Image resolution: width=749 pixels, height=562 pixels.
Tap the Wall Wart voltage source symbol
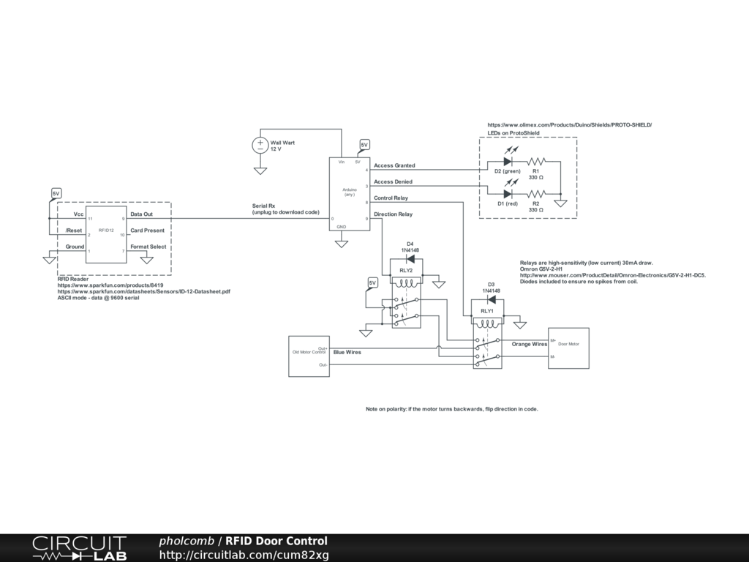click(x=260, y=145)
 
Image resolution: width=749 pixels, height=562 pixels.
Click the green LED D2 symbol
click(x=507, y=161)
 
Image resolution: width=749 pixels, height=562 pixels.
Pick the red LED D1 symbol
click(x=507, y=194)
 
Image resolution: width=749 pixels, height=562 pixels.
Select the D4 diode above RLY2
click(x=410, y=258)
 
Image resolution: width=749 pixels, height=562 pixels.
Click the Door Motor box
click(x=568, y=348)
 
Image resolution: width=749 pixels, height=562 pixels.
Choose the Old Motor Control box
click(x=309, y=356)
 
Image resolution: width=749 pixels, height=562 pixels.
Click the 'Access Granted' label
click(x=394, y=166)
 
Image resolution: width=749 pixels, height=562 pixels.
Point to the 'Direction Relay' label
click(x=393, y=214)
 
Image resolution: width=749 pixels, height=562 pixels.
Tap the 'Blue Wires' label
click(x=347, y=352)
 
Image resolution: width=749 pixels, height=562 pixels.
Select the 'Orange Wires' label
click(x=530, y=344)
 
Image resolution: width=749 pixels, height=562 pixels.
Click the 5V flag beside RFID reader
click(x=56, y=193)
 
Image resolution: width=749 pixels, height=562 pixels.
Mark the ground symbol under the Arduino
click(x=341, y=243)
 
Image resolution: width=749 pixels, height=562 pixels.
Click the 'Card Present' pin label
click(x=148, y=231)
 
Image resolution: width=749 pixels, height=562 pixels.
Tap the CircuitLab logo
click(x=79, y=548)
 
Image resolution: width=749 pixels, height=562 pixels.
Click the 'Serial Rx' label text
click(x=263, y=206)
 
